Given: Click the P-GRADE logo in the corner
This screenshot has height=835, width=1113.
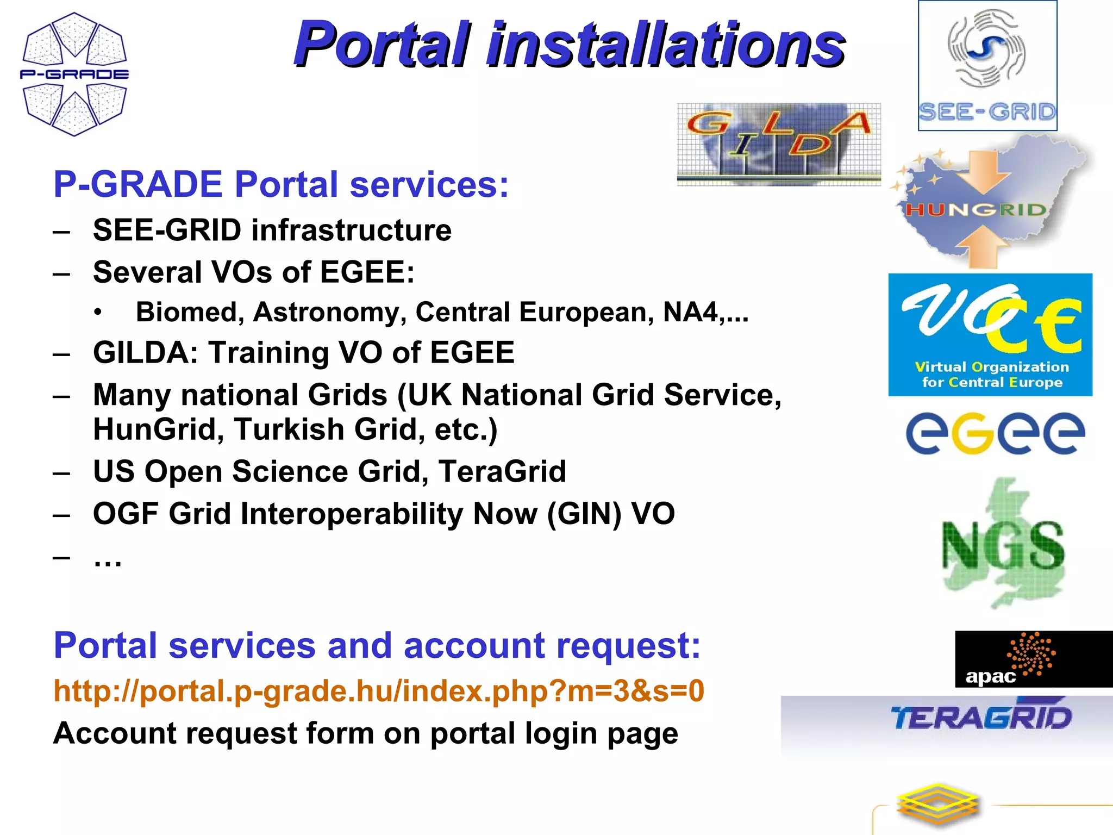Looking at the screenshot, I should [x=74, y=74].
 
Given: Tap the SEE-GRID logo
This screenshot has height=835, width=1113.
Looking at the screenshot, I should [x=987, y=66].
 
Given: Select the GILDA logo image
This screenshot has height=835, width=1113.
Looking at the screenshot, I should [x=778, y=144].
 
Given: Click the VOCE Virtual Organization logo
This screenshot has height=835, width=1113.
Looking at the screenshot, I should [x=990, y=335].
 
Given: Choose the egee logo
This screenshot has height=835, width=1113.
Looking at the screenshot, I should [x=995, y=433].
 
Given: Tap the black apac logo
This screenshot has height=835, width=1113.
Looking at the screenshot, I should [x=1033, y=659].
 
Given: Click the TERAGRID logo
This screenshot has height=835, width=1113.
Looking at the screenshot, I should [x=981, y=718].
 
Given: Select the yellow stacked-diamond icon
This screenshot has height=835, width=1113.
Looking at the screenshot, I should [x=937, y=806].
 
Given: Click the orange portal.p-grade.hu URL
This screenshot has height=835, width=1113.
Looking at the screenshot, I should [x=379, y=691].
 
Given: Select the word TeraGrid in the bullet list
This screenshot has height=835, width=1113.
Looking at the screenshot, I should [x=502, y=471].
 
